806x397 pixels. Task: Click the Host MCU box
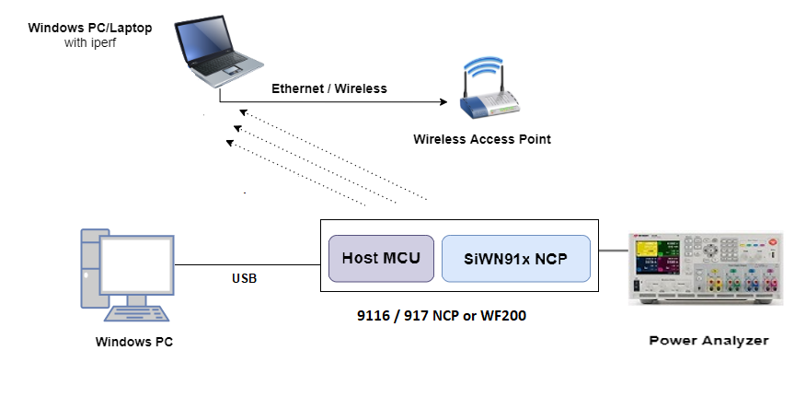coord(381,258)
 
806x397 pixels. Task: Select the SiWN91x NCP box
coord(515,258)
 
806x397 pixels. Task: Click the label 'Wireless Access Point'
coord(482,139)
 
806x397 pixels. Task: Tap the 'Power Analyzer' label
coord(708,341)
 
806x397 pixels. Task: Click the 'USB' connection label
coord(245,277)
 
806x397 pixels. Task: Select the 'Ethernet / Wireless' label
coord(329,88)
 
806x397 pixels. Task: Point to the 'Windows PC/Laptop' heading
coord(90,28)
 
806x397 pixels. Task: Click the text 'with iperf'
coord(90,43)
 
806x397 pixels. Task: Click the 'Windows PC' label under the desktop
coord(134,342)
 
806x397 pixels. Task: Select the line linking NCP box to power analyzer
coord(613,250)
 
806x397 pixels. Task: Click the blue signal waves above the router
coord(485,69)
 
